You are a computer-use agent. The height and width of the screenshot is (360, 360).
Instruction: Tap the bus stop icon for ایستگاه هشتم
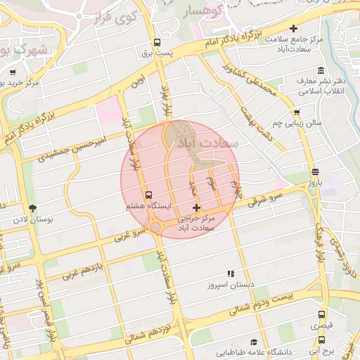point(148,195)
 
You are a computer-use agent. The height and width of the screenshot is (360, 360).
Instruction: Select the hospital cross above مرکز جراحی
point(196,207)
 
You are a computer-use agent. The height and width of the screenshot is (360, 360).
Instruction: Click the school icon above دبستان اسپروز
point(230,274)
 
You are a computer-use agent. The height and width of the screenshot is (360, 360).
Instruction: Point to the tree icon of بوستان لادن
point(33,208)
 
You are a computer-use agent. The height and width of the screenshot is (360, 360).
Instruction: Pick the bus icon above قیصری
point(321,315)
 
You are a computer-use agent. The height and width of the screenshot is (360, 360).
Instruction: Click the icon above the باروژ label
point(314,171)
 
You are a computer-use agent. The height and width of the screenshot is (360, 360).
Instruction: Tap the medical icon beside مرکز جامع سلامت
point(261,39)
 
